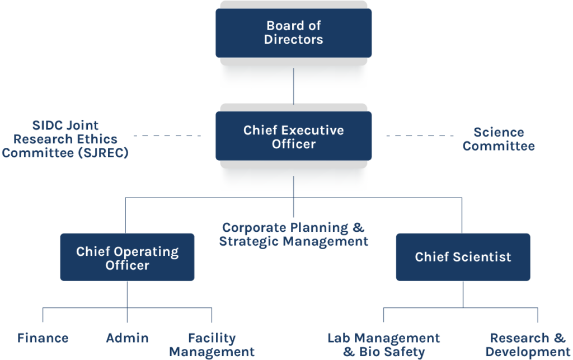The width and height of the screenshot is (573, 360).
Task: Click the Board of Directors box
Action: (x=293, y=32)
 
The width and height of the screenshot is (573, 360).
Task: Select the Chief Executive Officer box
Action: (x=293, y=137)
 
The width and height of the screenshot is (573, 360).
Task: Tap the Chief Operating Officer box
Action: (x=127, y=258)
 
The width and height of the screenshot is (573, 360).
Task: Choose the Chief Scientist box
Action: (x=463, y=257)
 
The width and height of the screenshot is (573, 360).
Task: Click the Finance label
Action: (x=43, y=338)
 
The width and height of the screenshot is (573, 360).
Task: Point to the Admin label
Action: (x=128, y=338)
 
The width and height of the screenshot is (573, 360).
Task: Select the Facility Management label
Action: (x=212, y=345)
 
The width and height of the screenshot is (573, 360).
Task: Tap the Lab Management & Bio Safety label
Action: (x=384, y=345)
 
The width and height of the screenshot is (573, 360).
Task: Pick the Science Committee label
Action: (x=499, y=139)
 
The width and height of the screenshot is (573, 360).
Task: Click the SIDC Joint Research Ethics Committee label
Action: (x=65, y=139)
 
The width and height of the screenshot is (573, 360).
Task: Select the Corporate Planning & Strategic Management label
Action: (x=294, y=235)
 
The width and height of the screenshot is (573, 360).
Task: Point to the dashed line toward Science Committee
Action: (x=420, y=136)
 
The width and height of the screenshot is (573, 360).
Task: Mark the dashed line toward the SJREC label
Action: (x=167, y=136)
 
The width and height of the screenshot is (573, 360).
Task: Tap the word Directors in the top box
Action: (x=294, y=40)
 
